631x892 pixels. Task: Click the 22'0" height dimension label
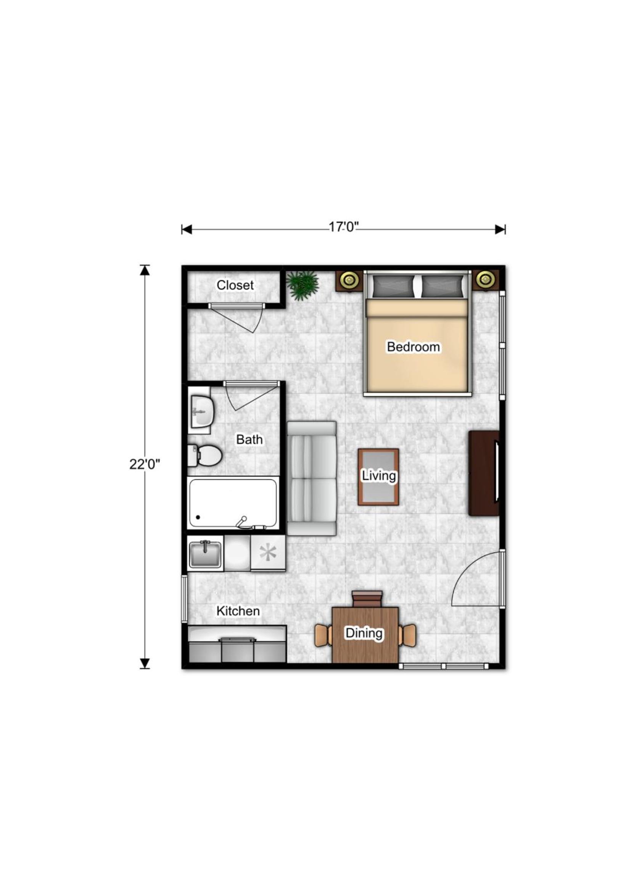[145, 464]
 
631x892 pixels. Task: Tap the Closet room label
[235, 285]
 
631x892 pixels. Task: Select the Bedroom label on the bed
[414, 346]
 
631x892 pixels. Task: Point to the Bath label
[250, 440]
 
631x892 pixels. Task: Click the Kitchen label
[238, 611]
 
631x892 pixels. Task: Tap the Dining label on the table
[364, 633]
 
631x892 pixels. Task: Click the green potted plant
[303, 286]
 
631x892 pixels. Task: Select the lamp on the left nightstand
[349, 279]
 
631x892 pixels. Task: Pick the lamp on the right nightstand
[485, 279]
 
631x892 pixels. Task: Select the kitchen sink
[205, 554]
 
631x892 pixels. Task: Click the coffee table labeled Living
[378, 477]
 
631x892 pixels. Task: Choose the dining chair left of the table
[323, 636]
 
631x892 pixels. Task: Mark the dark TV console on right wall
[484, 473]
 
